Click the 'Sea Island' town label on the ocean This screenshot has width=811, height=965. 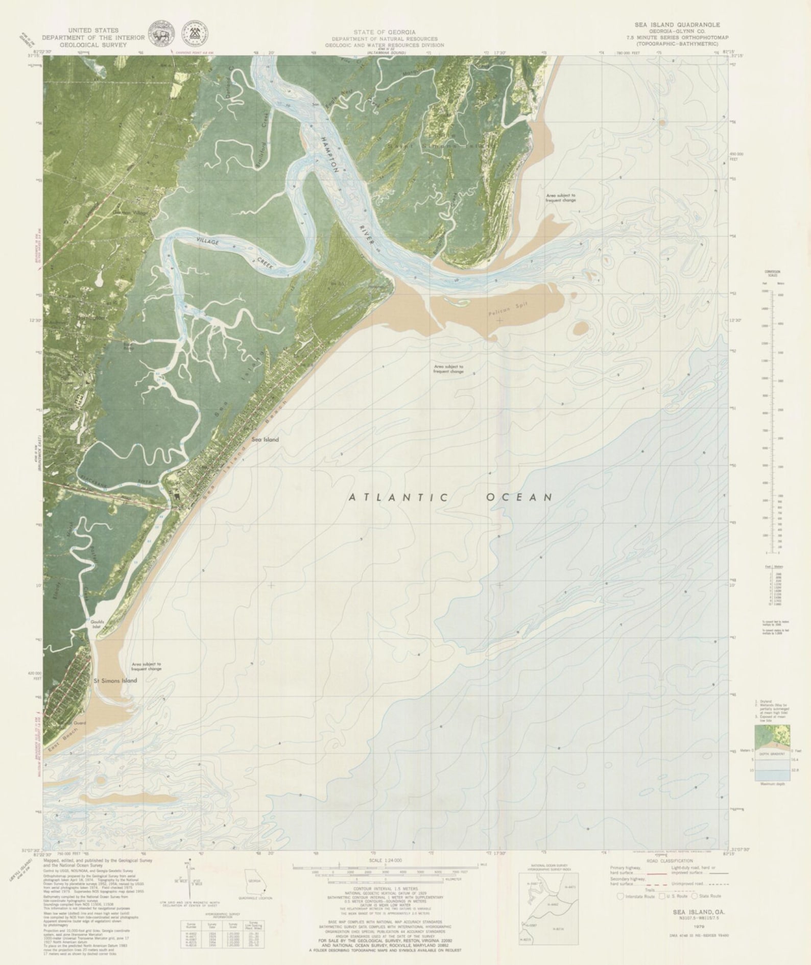tap(265, 439)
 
